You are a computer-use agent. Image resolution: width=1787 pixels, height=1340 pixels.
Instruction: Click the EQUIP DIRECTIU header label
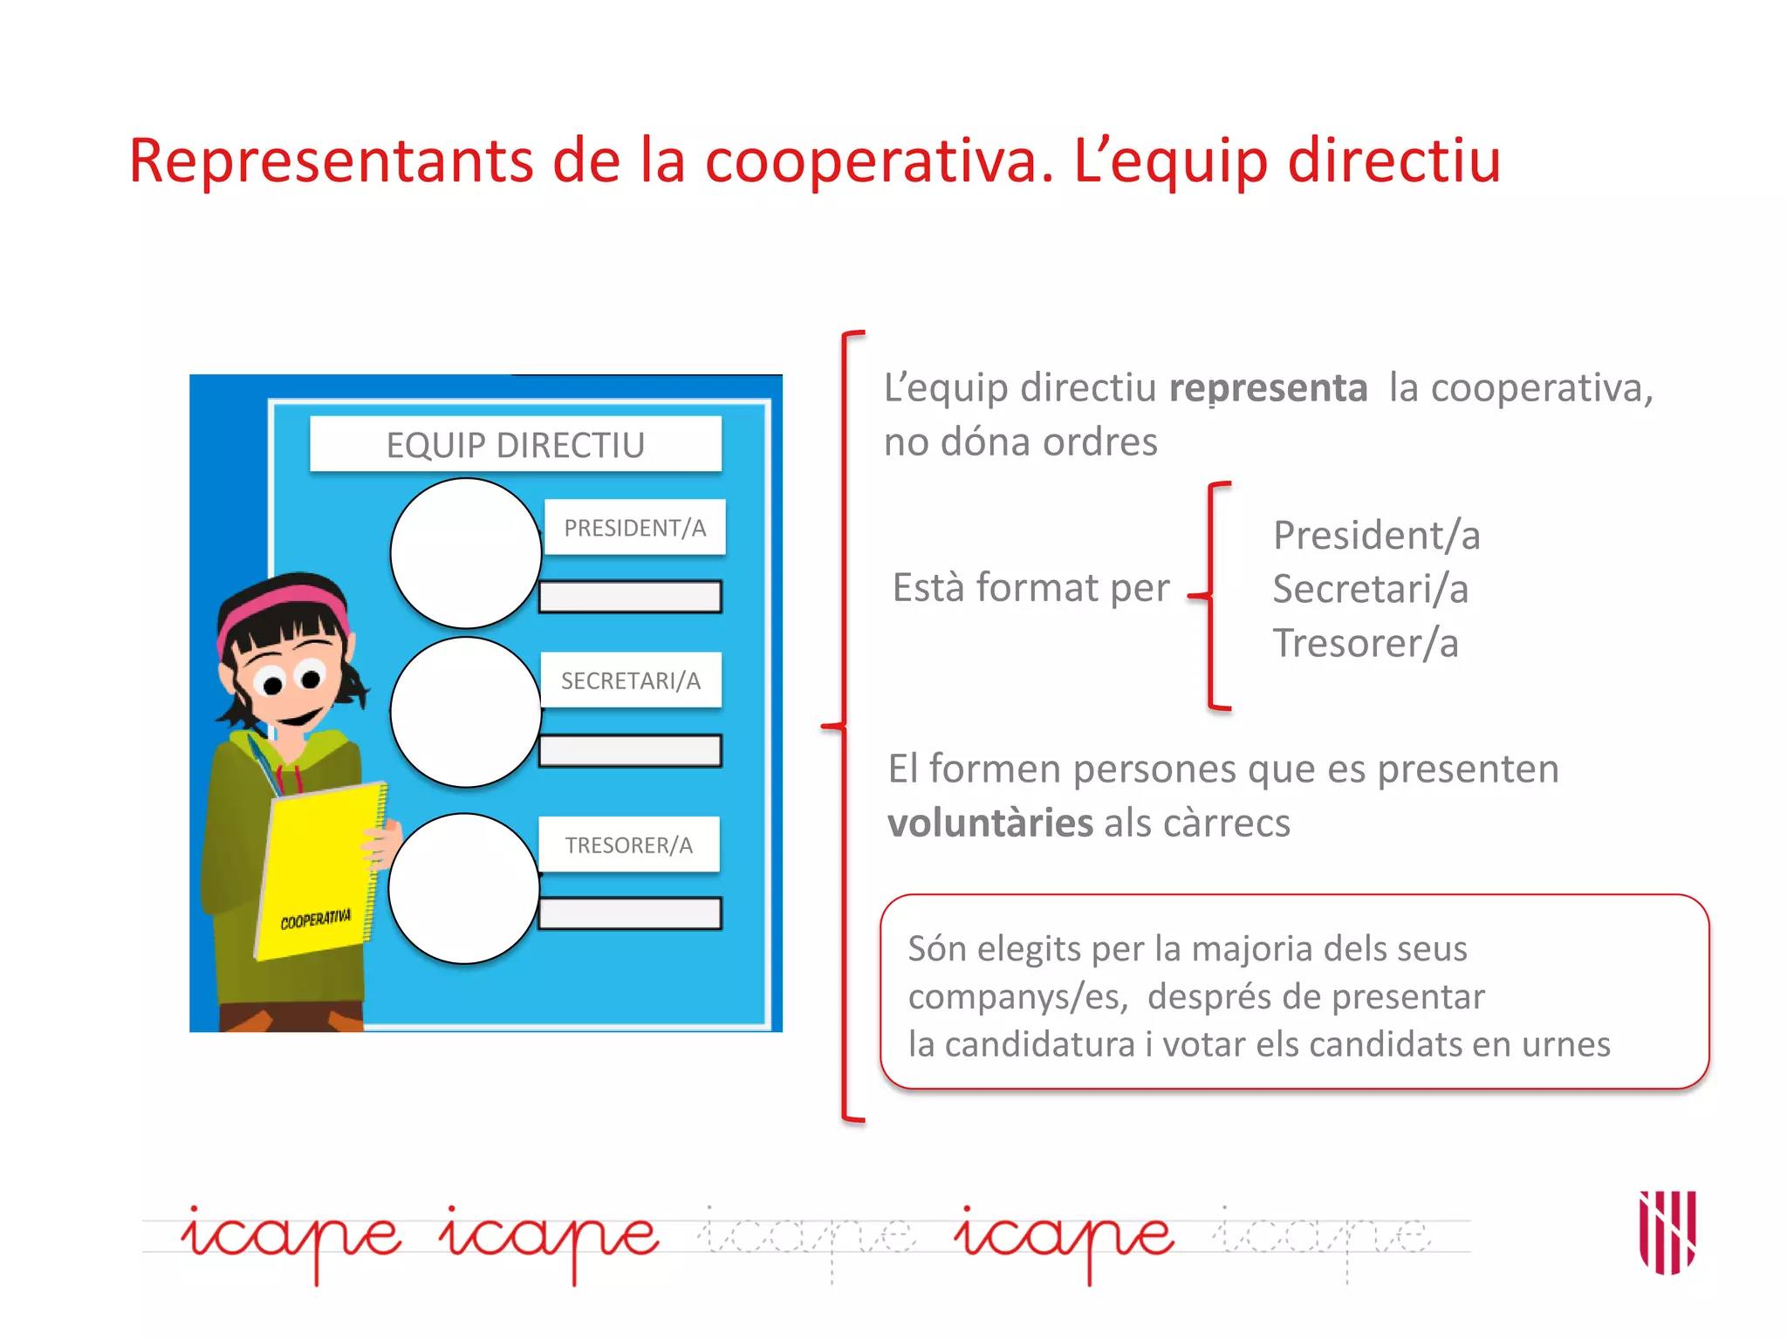pyautogui.click(x=516, y=445)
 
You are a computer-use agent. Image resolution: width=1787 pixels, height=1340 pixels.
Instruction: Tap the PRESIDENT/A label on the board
pyautogui.click(x=634, y=528)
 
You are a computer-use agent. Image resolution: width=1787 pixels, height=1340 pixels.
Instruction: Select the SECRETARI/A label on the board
pyautogui.click(x=630, y=680)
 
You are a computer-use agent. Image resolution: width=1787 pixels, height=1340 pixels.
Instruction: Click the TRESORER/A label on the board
pyautogui.click(x=628, y=844)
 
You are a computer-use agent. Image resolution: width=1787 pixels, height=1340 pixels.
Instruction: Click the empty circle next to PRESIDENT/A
pyautogui.click(x=466, y=553)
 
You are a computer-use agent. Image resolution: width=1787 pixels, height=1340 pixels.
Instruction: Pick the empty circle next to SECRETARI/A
pyautogui.click(x=466, y=712)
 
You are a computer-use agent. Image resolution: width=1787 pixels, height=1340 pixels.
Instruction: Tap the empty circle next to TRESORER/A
pyautogui.click(x=464, y=888)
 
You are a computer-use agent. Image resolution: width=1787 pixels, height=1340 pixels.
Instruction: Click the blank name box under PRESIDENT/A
pyautogui.click(x=630, y=597)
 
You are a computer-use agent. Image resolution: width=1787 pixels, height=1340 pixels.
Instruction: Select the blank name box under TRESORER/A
pyautogui.click(x=630, y=913)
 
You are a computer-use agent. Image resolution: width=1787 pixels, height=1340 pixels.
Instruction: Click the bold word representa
pyautogui.click(x=1268, y=388)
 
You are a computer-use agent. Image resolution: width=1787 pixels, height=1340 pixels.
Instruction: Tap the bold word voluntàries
pyautogui.click(x=989, y=823)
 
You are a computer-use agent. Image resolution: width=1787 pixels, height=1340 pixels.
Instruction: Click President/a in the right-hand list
pyautogui.click(x=1376, y=535)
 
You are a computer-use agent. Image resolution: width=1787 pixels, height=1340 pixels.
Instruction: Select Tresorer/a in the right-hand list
pyautogui.click(x=1366, y=643)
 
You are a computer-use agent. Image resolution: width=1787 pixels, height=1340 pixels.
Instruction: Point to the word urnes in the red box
pyautogui.click(x=1565, y=1044)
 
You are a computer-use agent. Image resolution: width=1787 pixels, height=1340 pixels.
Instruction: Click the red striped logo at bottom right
pyautogui.click(x=1667, y=1232)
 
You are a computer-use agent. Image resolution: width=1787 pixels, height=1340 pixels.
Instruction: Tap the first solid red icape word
pyautogui.click(x=291, y=1236)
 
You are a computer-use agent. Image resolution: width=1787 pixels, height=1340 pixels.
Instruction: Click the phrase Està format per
pyautogui.click(x=1030, y=588)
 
